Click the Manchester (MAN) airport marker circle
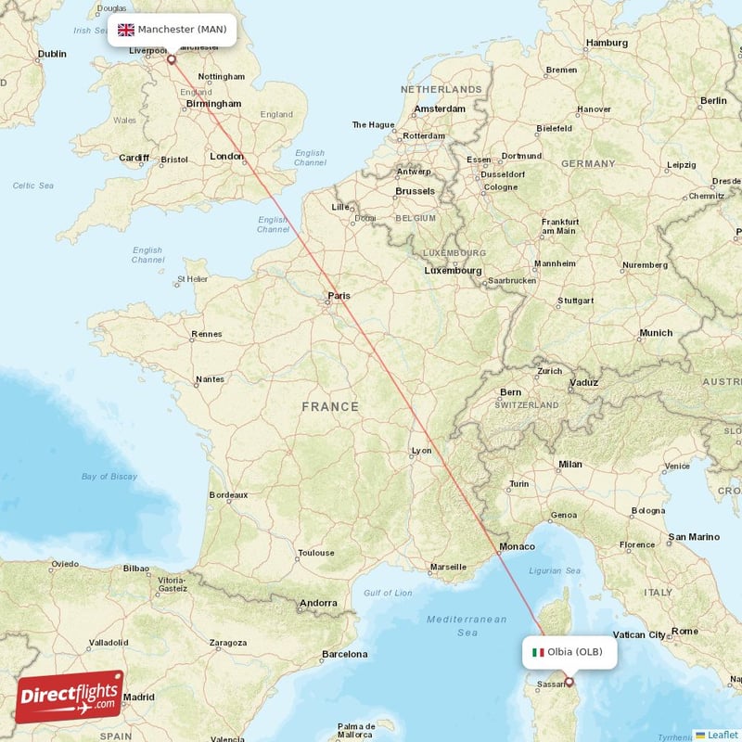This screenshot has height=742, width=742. click(171, 59)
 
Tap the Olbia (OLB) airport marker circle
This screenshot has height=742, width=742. click(569, 684)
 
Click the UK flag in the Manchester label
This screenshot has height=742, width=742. click(125, 30)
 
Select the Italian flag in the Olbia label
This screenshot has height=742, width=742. click(537, 652)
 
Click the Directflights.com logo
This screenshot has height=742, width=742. click(69, 696)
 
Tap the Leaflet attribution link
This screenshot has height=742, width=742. click(716, 735)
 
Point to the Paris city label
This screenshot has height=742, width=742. click(339, 297)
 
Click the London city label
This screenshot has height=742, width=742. click(226, 157)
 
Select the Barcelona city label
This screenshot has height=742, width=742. click(344, 654)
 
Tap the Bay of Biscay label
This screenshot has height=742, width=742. click(109, 477)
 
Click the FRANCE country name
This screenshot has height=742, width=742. click(329, 406)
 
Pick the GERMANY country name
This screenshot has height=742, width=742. click(587, 163)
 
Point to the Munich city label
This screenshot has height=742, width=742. click(656, 333)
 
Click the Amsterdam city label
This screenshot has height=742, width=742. click(440, 109)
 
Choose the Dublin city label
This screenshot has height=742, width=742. click(52, 54)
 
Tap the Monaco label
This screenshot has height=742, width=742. click(517, 547)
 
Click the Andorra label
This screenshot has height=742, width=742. click(317, 604)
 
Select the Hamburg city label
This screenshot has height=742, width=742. click(608, 43)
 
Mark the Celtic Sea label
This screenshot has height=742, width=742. click(32, 185)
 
